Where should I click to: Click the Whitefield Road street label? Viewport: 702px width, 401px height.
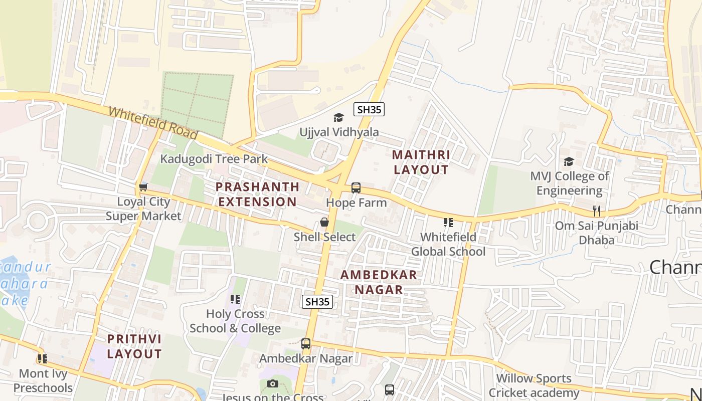pyautogui.click(x=153, y=123)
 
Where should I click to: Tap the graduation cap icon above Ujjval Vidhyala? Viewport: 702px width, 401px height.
pyautogui.click(x=339, y=118)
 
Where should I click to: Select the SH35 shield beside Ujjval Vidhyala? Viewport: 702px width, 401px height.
pyautogui.click(x=369, y=109)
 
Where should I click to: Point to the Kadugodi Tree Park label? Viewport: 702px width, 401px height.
pyautogui.click(x=214, y=159)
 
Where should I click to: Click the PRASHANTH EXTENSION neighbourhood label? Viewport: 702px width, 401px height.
pyautogui.click(x=258, y=194)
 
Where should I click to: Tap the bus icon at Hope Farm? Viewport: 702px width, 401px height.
pyautogui.click(x=356, y=188)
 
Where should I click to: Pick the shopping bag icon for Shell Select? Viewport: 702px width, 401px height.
pyautogui.click(x=324, y=222)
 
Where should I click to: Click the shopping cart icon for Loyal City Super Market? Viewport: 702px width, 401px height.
pyautogui.click(x=143, y=187)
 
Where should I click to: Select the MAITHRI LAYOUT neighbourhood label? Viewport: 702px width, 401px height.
pyautogui.click(x=421, y=162)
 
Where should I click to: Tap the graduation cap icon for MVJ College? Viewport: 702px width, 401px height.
pyautogui.click(x=569, y=161)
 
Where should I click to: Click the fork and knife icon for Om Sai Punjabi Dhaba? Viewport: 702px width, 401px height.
pyautogui.click(x=596, y=211)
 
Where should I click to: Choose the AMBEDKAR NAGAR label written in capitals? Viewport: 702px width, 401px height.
pyautogui.click(x=379, y=282)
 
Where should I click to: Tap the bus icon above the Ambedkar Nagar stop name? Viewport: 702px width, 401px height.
pyautogui.click(x=306, y=344)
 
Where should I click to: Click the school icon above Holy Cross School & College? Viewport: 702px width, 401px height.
pyautogui.click(x=235, y=299)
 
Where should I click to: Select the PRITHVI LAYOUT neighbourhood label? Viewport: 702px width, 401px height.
pyautogui.click(x=134, y=346)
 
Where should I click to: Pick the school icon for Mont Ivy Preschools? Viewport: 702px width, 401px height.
pyautogui.click(x=43, y=359)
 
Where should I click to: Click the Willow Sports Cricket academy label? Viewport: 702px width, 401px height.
pyautogui.click(x=534, y=385)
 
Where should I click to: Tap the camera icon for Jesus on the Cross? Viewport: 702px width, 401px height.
pyautogui.click(x=272, y=384)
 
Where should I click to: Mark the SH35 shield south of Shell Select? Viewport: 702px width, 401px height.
pyautogui.click(x=317, y=301)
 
